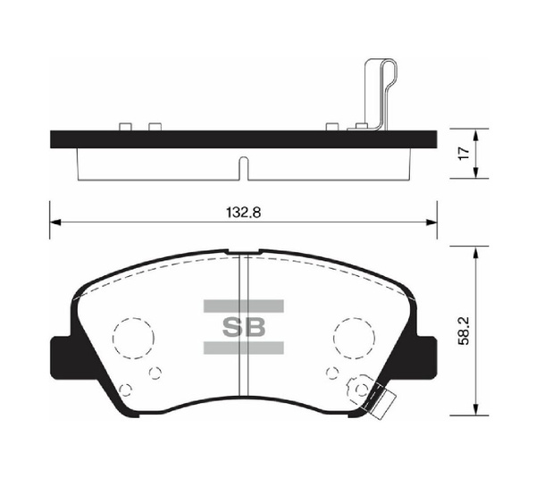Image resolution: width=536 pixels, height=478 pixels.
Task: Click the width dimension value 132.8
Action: point(243,214)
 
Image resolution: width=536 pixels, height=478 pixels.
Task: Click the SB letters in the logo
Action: point(243,327)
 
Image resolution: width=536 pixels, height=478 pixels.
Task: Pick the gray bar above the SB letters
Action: point(243,306)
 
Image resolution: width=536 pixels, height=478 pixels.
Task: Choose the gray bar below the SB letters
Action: point(243,348)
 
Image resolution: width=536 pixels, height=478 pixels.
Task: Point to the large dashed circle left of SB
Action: point(132,338)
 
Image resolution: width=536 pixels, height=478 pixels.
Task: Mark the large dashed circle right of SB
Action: point(354,338)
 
